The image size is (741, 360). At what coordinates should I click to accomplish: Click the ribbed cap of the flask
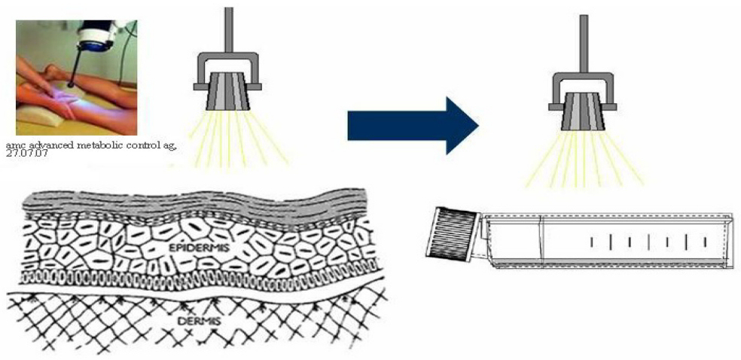point(452,233)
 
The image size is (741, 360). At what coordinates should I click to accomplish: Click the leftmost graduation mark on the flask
point(591,241)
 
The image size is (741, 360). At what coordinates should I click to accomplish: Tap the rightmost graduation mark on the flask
point(705,241)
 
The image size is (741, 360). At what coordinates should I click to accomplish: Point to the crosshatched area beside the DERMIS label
point(90,324)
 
